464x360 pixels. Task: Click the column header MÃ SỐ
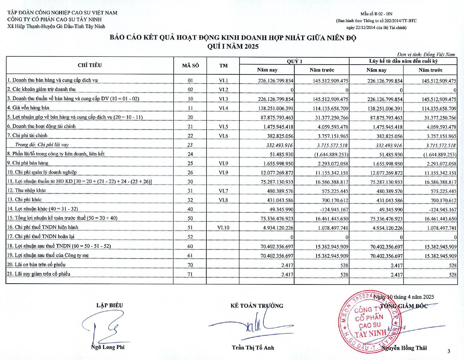click(x=190, y=65)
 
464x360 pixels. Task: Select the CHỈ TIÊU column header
click(x=90, y=65)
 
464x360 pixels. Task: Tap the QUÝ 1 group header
click(x=294, y=61)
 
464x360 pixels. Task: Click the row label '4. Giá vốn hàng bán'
click(x=28, y=108)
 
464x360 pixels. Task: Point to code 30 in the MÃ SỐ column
click(x=190, y=182)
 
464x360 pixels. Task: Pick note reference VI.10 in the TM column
click(x=223, y=228)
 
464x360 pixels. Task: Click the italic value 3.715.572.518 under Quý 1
click(x=332, y=145)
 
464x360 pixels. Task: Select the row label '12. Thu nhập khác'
click(x=26, y=191)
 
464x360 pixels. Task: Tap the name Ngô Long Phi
click(x=108, y=347)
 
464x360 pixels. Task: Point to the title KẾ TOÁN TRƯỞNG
click(x=257, y=306)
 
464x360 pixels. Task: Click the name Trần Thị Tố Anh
click(x=253, y=348)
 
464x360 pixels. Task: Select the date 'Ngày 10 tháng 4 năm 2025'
click(x=404, y=297)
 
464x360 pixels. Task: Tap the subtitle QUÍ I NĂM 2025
click(x=233, y=47)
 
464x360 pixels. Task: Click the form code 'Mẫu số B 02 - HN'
click(x=376, y=14)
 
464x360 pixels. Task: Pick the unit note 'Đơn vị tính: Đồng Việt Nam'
click(x=426, y=54)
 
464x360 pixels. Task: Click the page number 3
click(x=449, y=351)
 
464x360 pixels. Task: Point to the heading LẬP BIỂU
click(x=109, y=305)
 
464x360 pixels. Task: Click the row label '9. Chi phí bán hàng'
click(x=28, y=163)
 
